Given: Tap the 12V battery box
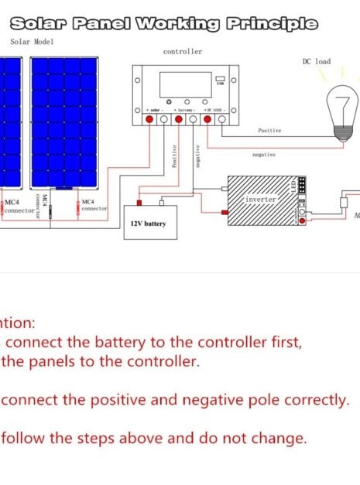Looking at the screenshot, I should tap(145, 223).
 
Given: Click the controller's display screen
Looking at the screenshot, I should tap(184, 84).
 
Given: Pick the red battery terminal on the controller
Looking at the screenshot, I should tap(179, 119).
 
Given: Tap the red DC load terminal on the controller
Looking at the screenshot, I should tap(207, 119).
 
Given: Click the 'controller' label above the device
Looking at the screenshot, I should tap(183, 52).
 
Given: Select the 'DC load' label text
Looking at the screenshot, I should tap(316, 61).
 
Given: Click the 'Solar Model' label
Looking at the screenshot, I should tap(32, 42).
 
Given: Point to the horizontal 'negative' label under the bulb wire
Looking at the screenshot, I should tap(264, 155).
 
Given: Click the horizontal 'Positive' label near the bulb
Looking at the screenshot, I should tap(269, 131).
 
